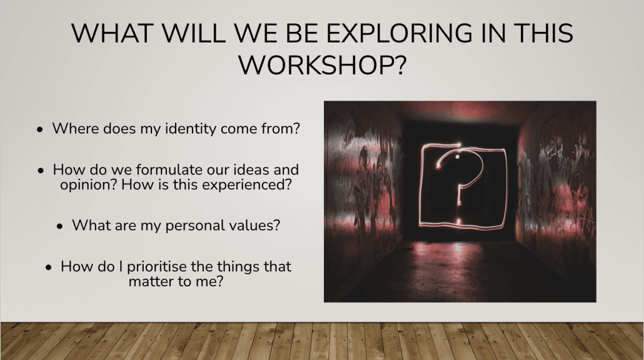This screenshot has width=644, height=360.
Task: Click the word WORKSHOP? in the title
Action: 323,65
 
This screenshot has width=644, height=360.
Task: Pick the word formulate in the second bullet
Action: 169,169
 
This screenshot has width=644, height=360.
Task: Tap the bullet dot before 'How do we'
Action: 40,171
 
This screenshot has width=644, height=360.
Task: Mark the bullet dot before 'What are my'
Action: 60,226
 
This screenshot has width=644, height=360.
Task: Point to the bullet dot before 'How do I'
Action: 49,267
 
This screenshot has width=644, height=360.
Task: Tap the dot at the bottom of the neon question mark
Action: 458,221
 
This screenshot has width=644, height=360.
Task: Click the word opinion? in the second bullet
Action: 89,185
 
